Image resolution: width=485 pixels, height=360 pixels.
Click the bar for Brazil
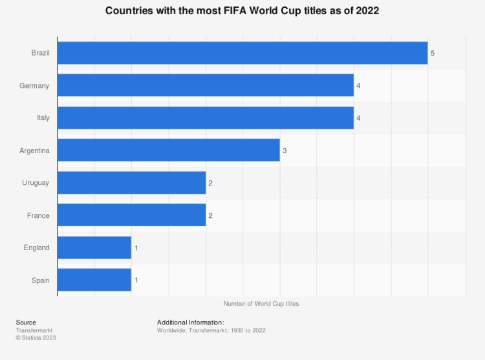(x=242, y=53)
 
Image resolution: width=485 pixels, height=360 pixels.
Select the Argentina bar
(x=169, y=151)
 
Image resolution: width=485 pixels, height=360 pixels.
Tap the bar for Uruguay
(x=132, y=183)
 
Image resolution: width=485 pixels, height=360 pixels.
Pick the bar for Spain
(x=94, y=280)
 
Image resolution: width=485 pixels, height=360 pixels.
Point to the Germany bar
(x=206, y=85)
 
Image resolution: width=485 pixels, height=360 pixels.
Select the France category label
(x=39, y=215)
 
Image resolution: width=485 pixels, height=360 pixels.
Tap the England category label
(x=37, y=248)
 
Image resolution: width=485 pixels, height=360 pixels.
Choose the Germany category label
(x=35, y=86)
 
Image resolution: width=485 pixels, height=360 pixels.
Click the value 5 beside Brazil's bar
(x=433, y=53)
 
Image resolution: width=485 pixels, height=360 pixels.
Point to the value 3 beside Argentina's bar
(x=285, y=151)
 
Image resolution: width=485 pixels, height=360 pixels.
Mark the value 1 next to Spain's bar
(x=136, y=280)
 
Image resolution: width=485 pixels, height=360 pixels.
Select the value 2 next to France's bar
(x=210, y=215)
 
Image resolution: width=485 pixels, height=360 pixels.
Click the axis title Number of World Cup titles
(x=261, y=303)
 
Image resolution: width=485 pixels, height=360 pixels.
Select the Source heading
(x=26, y=323)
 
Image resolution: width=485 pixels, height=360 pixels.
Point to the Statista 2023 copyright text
(x=36, y=337)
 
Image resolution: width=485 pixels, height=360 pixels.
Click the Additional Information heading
(x=190, y=323)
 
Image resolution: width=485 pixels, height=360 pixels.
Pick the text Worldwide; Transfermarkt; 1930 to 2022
(x=211, y=330)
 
